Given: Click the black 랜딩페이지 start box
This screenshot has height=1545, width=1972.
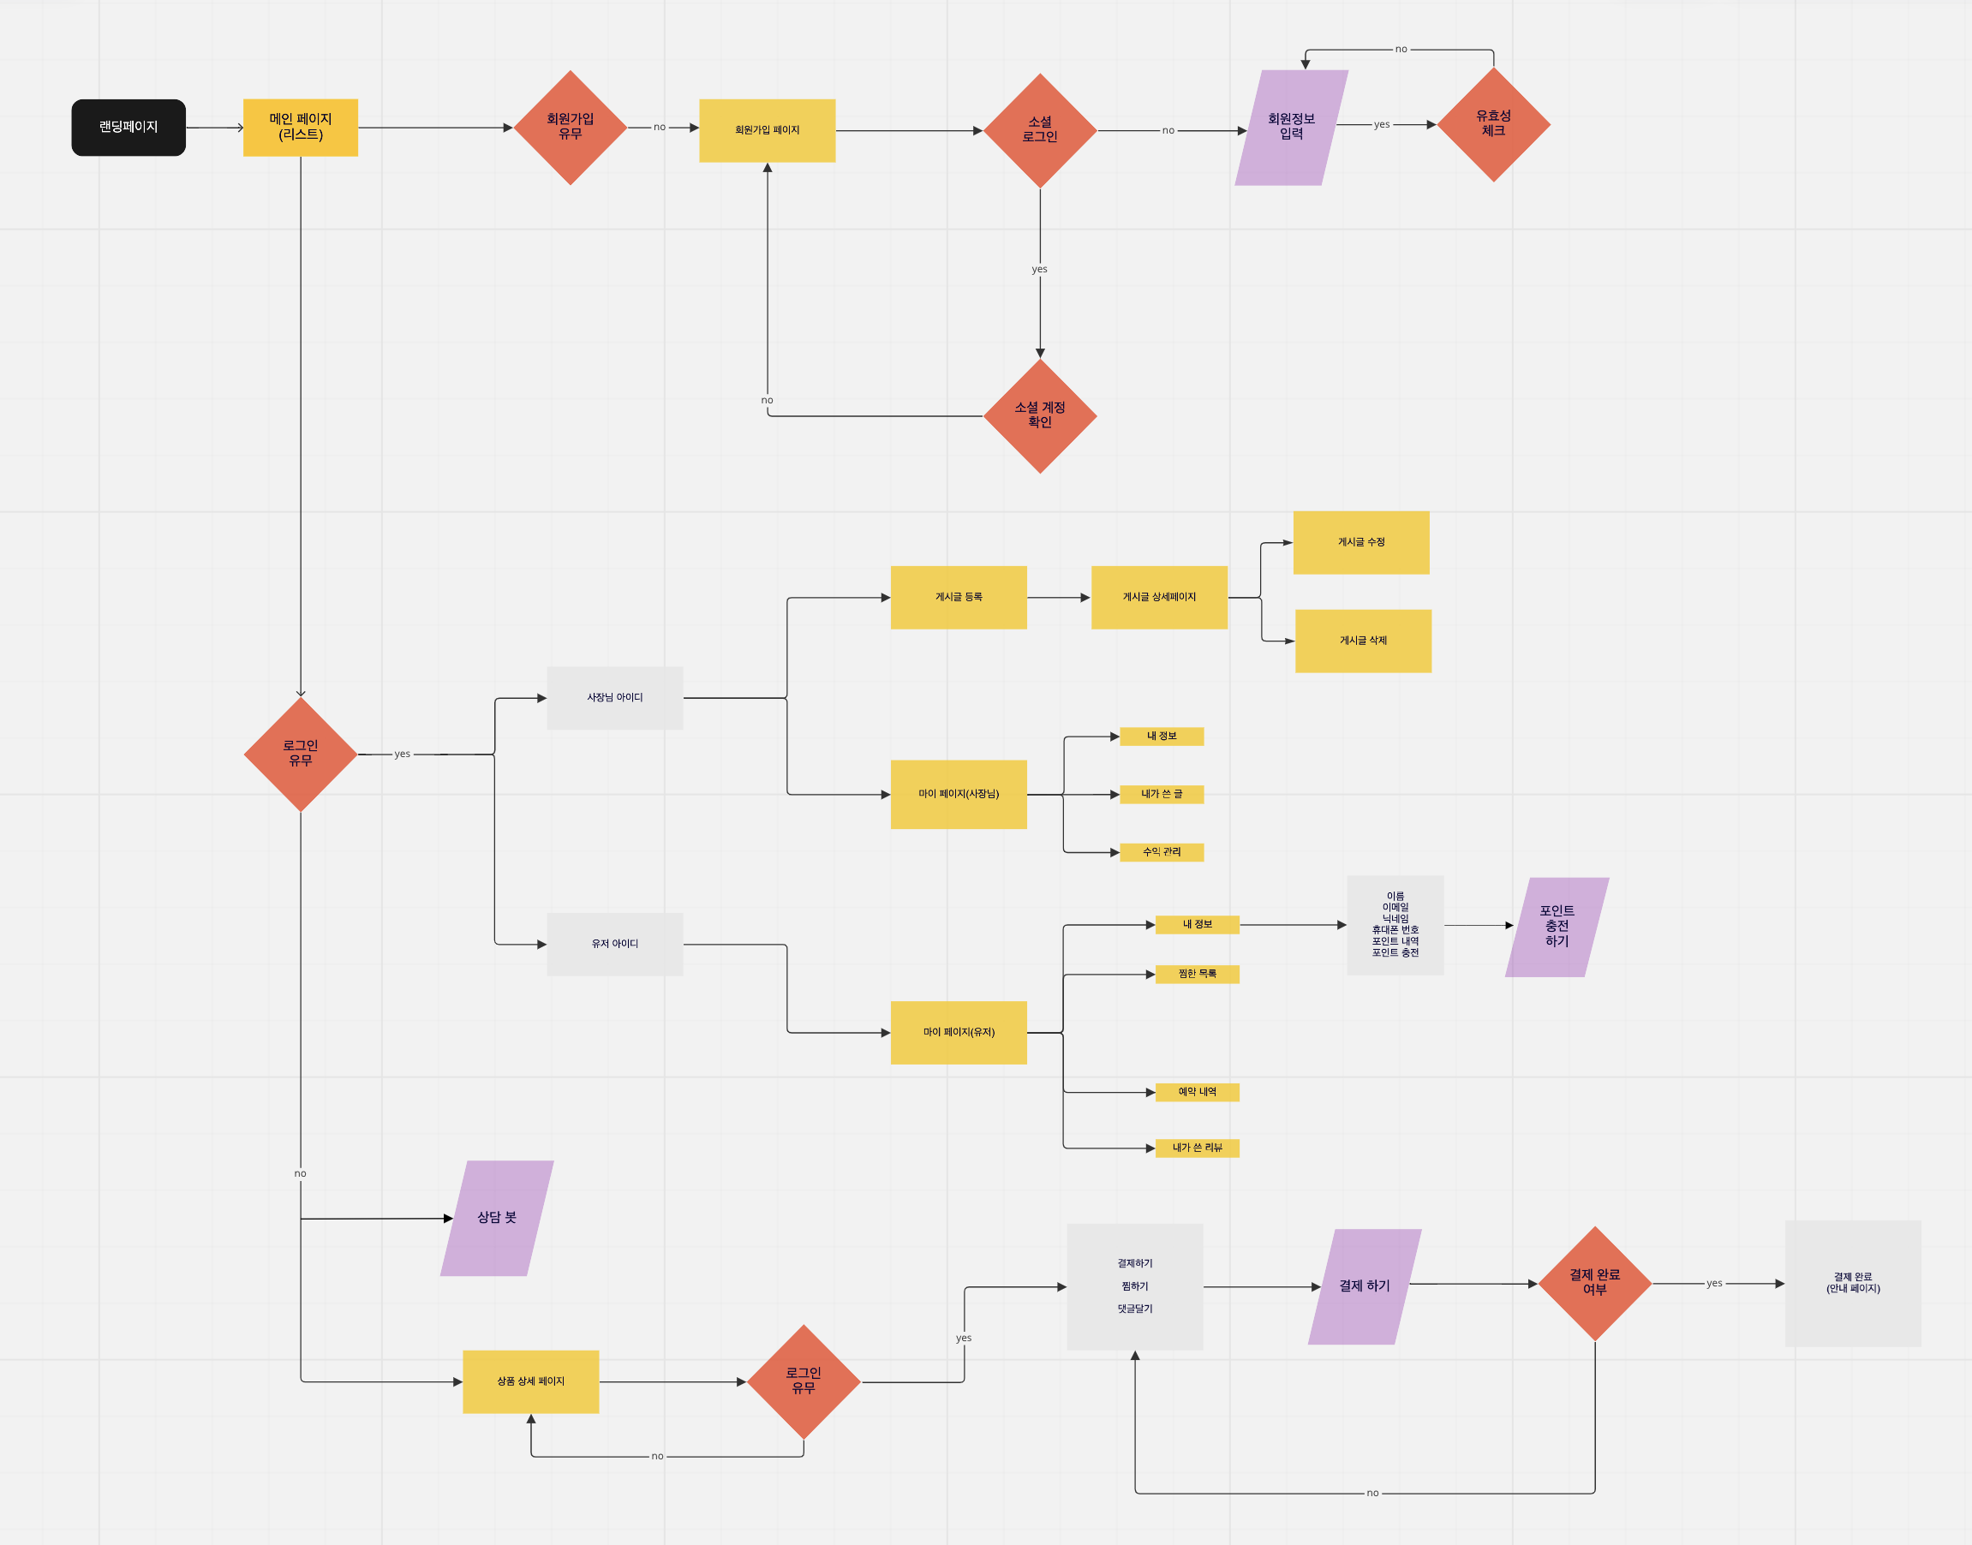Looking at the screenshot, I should pos(128,128).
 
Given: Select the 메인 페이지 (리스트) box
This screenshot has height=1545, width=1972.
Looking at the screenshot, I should pos(301,128).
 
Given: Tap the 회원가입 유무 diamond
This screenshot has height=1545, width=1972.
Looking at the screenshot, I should pos(570,128).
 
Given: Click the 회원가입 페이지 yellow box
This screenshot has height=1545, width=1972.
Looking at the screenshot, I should pos(767,130).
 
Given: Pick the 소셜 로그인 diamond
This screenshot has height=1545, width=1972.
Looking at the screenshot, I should pos(1039,130).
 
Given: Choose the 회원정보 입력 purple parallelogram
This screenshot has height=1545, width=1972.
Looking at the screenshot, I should pos(1291,128).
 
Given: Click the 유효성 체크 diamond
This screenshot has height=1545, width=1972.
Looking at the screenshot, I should pos(1493,124).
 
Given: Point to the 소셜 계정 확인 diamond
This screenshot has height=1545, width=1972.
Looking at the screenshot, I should pos(1039,416).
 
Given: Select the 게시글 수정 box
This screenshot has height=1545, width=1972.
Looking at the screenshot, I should pos(1360,543).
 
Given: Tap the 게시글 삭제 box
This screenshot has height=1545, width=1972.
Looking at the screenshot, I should pos(1362,641).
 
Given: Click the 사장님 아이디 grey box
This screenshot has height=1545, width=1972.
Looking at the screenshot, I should pos(614,697).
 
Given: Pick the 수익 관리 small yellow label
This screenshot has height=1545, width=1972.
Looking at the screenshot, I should pos(1162,852).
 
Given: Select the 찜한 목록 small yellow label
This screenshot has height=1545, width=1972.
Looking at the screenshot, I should pos(1197,975).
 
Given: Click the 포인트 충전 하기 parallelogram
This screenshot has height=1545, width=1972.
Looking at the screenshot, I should pos(1556,927).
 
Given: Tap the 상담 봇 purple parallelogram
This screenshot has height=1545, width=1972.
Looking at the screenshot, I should pos(497,1218).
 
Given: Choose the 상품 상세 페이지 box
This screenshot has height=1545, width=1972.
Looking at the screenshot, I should pos(530,1381).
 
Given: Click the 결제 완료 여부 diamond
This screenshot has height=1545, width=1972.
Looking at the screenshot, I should pos(1595,1283).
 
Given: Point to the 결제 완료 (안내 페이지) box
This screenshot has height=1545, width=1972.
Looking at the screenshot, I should pos(1853,1283).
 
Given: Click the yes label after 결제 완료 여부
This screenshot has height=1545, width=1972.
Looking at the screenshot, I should pos(1714,1283).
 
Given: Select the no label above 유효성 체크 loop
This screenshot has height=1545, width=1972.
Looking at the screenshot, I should pos(1401,49).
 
